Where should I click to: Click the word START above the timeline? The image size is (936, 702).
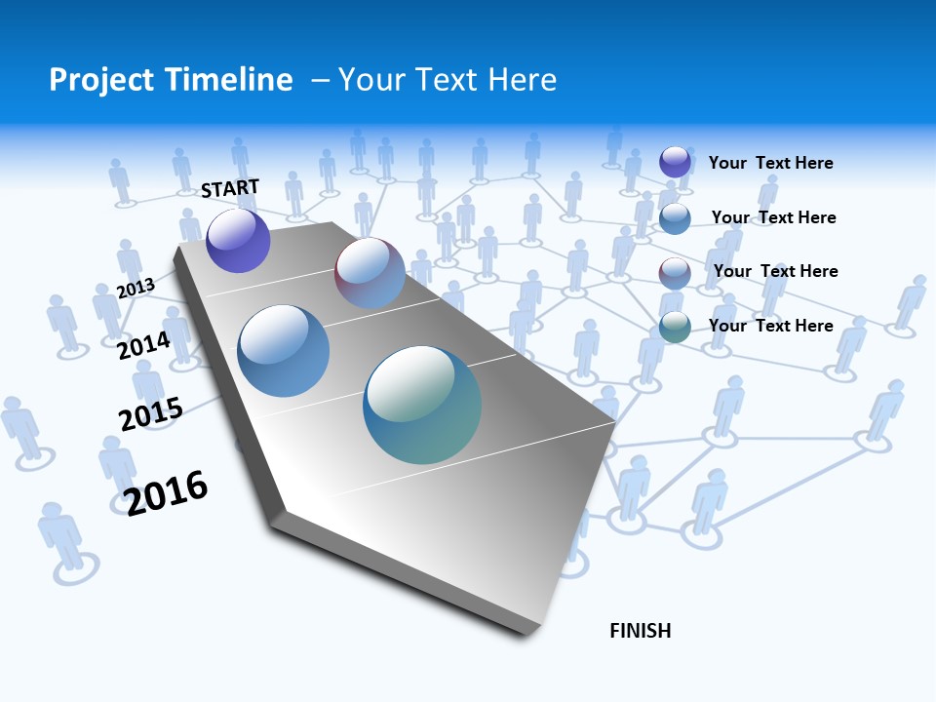tap(230, 188)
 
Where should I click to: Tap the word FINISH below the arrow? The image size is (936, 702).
tap(641, 631)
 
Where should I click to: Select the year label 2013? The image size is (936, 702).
tap(136, 288)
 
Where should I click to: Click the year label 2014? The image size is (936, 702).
tap(143, 345)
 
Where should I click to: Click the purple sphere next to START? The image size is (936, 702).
tap(238, 240)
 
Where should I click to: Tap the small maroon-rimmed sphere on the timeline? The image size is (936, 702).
tap(370, 273)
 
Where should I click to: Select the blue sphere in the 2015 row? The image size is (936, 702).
tap(284, 351)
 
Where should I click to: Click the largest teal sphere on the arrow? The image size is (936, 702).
tap(422, 405)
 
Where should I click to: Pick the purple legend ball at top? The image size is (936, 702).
tap(675, 162)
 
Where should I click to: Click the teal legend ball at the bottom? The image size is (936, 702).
tap(675, 328)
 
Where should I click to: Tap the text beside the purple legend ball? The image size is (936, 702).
tap(770, 163)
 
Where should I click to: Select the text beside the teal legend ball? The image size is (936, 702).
tap(770, 326)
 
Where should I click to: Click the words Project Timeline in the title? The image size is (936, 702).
tap(171, 80)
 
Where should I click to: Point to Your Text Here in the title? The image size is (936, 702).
tap(447, 80)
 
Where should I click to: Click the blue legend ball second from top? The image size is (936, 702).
tap(675, 218)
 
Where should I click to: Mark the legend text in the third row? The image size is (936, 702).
tap(775, 271)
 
